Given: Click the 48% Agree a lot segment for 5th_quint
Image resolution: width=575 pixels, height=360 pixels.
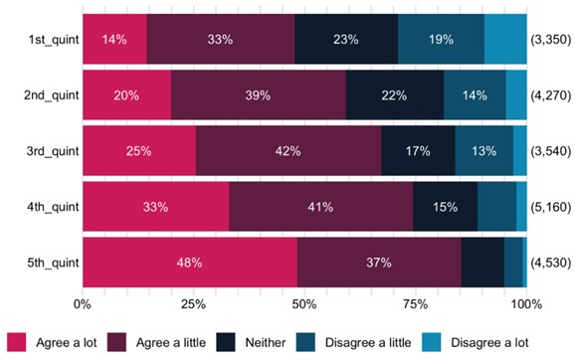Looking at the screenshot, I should pyautogui.click(x=189, y=263).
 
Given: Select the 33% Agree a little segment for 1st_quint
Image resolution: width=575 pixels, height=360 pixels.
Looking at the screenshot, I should pyautogui.click(x=220, y=40).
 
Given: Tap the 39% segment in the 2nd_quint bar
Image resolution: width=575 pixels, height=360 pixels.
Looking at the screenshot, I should pyautogui.click(x=259, y=95).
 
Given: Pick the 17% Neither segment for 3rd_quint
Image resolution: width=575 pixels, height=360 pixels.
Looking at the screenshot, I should pyautogui.click(x=418, y=151).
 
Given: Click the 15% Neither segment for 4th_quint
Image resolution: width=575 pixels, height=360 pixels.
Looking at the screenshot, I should pyautogui.click(x=445, y=207).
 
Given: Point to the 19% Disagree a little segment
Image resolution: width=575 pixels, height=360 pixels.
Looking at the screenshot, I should pyautogui.click(x=441, y=40).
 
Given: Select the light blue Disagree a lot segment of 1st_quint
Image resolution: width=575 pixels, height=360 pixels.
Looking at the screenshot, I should pyautogui.click(x=505, y=40).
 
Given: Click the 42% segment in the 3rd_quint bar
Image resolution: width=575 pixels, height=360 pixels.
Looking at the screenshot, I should pyautogui.click(x=288, y=151).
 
